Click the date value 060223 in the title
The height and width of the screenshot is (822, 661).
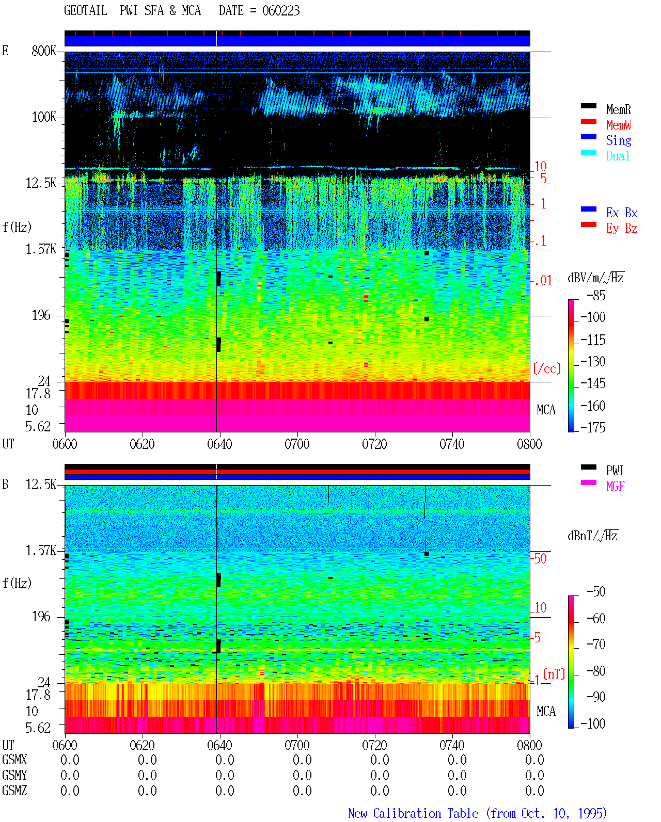pyautogui.click(x=280, y=11)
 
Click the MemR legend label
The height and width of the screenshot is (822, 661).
pyautogui.click(x=618, y=109)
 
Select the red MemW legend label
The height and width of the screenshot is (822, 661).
pyautogui.click(x=618, y=125)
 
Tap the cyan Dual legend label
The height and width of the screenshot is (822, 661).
pyautogui.click(x=618, y=156)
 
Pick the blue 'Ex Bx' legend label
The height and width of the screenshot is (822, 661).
pyautogui.click(x=621, y=213)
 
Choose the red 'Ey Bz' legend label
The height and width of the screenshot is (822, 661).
pyautogui.click(x=621, y=229)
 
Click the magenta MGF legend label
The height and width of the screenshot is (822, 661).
pyautogui.click(x=615, y=486)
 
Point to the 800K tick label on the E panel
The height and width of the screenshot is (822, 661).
pyautogui.click(x=43, y=51)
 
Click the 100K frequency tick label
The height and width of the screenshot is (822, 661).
pyautogui.click(x=43, y=117)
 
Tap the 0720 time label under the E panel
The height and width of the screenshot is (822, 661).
pyautogui.click(x=374, y=444)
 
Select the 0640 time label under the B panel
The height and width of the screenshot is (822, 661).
pyautogui.click(x=219, y=745)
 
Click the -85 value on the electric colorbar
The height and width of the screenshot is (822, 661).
pyautogui.click(x=596, y=296)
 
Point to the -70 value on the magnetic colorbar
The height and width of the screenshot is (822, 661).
pyautogui.click(x=596, y=644)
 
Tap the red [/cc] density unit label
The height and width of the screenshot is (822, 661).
pyautogui.click(x=547, y=368)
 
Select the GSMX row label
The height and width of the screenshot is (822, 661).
pyautogui.click(x=14, y=760)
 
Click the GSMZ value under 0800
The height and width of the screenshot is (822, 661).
pyautogui.click(x=534, y=791)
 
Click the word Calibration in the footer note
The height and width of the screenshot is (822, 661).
pyautogui.click(x=426, y=813)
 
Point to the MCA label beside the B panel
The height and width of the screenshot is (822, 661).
pyautogui.click(x=545, y=711)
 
